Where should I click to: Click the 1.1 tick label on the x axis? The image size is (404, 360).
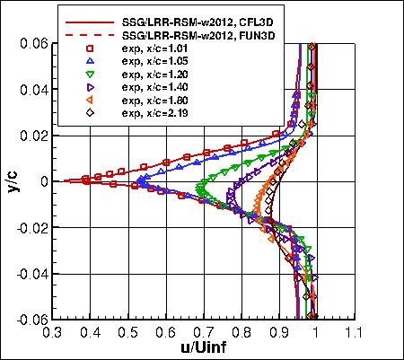click(x=353, y=331)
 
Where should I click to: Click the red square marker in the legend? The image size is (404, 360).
click(x=90, y=48)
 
